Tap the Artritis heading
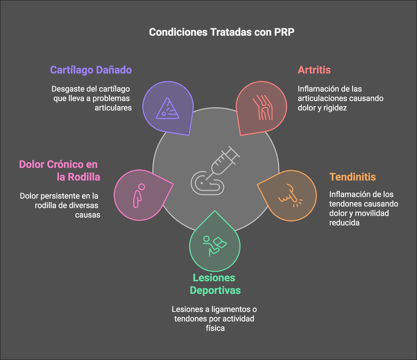coord(314,70)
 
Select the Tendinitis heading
coord(352,177)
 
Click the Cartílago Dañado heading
coord(91,70)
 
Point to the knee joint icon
coord(262,107)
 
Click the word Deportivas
coord(215,290)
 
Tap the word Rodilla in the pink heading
coord(84,177)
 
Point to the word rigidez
coord(335,108)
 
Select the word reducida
coord(344,223)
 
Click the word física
coord(215,328)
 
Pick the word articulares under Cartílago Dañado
coord(113,108)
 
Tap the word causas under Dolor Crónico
coord(88,215)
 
